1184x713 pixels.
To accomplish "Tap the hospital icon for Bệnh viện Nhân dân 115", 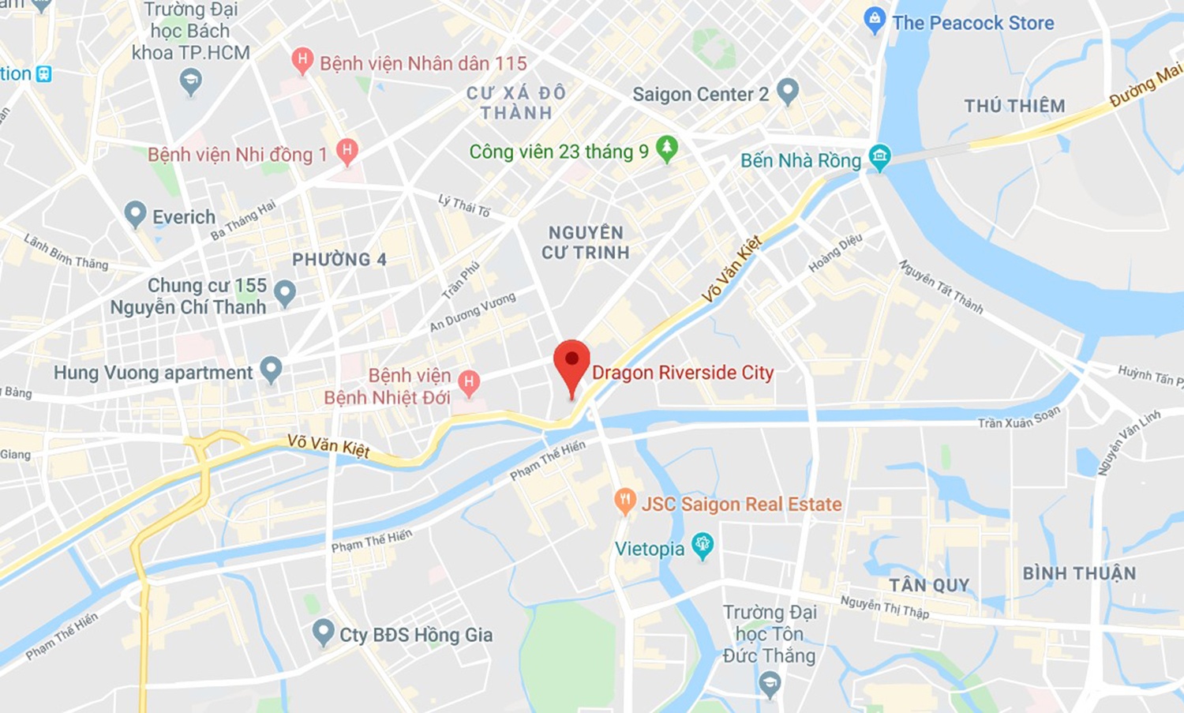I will pos(302,60).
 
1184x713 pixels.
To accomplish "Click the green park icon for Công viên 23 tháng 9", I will pos(667,148).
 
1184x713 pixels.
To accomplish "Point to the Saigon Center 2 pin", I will pos(787,91).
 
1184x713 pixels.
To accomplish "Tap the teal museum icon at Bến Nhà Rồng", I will pos(879,156).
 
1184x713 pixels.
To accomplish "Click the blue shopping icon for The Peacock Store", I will pos(875,20).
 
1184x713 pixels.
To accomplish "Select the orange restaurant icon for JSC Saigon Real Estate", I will pos(625,501).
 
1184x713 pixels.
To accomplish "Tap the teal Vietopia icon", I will pos(702,545).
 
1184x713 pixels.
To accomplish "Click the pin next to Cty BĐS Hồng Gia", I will pos(323,632).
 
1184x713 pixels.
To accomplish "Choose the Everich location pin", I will pos(136,213).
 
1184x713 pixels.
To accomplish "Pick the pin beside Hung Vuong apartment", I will pos(271,368).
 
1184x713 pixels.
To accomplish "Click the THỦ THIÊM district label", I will pos(1014,106).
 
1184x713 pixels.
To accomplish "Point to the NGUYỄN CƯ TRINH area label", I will pos(586,242).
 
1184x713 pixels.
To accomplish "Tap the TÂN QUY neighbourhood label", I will pos(929,585).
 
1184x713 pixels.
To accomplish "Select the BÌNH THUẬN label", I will pos(1079,573).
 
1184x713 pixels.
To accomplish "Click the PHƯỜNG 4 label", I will pos(339,260).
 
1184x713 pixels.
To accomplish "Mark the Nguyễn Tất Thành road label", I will pos(941,287).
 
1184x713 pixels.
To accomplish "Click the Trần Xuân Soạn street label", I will pos(1019,418).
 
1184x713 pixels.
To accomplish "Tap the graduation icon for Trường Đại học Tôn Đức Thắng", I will pos(770,682).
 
